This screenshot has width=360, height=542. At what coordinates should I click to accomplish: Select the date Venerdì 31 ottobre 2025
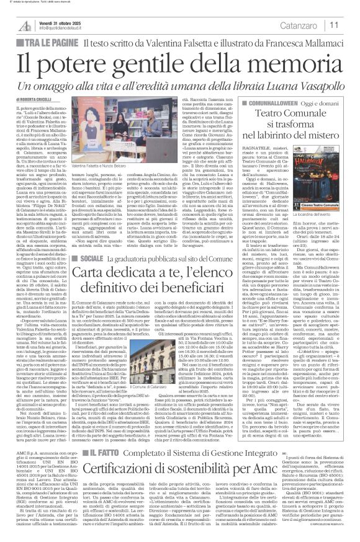click(x=64, y=20)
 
